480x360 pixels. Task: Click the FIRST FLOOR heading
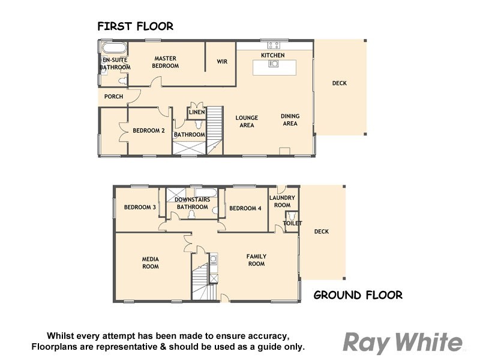[x=135, y=26]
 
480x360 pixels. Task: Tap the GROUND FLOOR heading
[x=358, y=295]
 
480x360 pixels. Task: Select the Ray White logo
[x=402, y=343]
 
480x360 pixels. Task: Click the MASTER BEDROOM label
[x=166, y=62]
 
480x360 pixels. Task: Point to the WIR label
[x=221, y=61]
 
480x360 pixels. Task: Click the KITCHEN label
[x=272, y=55]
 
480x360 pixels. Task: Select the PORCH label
[x=113, y=97]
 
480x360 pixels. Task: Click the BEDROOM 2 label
[x=148, y=130]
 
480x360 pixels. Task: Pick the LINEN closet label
[x=197, y=113]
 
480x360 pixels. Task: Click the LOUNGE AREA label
[x=247, y=121]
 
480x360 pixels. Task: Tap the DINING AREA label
[x=290, y=119]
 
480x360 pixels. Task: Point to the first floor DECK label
[x=339, y=83]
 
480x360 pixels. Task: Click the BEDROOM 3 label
[x=140, y=208]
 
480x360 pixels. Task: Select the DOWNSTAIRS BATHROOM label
[x=191, y=203]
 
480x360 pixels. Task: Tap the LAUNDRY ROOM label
[x=282, y=201]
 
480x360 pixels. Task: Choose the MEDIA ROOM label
[x=150, y=262]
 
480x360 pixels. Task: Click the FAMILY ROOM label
[x=256, y=260]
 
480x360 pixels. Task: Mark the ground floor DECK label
[x=322, y=232]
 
